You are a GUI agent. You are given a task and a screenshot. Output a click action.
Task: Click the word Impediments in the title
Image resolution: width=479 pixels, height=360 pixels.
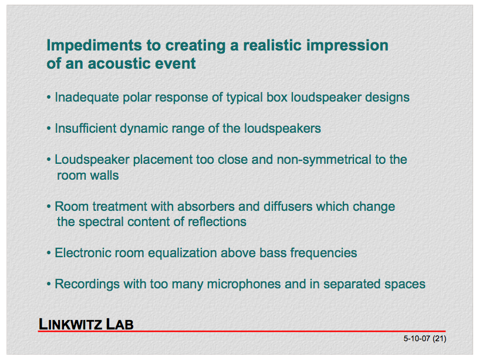click(95, 46)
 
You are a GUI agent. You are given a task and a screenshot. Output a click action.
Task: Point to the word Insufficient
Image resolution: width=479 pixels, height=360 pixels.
click(85, 129)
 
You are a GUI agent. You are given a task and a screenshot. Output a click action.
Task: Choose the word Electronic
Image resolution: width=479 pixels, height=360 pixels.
click(84, 253)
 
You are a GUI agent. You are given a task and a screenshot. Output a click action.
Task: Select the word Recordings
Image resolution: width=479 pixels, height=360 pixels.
click(87, 284)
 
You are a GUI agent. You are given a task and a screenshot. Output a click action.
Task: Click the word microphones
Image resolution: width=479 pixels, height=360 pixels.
click(244, 284)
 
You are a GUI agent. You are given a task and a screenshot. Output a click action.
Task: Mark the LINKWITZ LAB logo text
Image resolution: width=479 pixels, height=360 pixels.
click(86, 324)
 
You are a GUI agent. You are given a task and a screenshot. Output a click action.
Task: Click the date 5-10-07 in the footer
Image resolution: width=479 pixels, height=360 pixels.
click(417, 339)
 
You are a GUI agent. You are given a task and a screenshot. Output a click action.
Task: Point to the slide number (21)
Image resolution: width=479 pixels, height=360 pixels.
click(439, 339)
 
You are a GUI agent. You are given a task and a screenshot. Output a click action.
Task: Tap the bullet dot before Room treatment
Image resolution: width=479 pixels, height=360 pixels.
click(49, 207)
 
